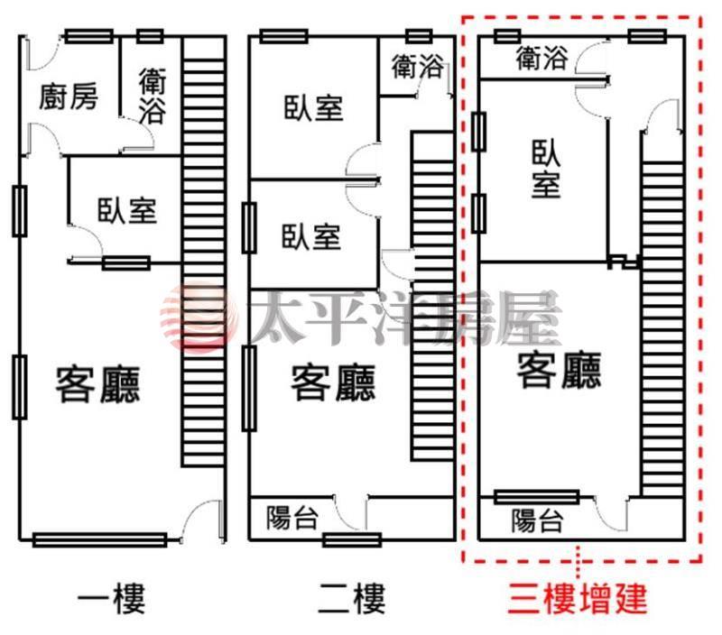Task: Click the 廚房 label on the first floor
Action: point(68,97)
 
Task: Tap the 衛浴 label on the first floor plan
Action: point(153,97)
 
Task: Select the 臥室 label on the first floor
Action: point(127,210)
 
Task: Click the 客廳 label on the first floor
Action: point(98,384)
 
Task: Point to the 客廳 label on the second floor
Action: point(333,383)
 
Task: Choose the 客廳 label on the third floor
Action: point(560,370)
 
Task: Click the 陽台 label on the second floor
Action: point(292,518)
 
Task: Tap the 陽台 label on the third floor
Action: point(537,520)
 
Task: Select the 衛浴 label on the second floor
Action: point(418,66)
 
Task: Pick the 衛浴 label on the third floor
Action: point(542,60)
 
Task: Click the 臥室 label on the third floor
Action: point(547,168)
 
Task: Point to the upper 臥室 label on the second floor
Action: point(313,109)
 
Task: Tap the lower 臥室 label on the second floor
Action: point(312,237)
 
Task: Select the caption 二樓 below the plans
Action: point(351,599)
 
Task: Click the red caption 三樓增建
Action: point(578,599)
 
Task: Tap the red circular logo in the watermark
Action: point(191,316)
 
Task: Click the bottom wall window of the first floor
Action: point(99,540)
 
